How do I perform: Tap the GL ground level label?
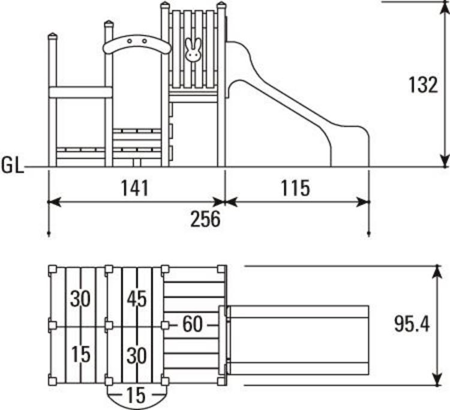point(12,166)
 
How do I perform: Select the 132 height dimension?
point(424,85)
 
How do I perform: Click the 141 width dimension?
point(134,188)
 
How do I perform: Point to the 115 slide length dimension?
point(295,188)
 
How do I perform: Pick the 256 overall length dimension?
point(205,219)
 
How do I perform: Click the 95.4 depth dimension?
point(412,324)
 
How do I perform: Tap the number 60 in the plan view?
point(193,324)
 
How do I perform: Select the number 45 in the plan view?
point(137,298)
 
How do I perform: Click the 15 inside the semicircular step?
point(136,396)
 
